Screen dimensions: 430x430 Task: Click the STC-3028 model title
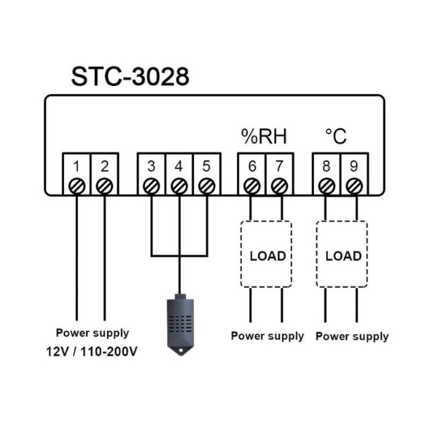pyautogui.click(x=130, y=77)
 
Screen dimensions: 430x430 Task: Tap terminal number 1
pyautogui.click(x=76, y=166)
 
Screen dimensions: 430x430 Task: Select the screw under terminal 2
pyautogui.click(x=104, y=185)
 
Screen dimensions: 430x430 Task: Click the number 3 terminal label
pyautogui.click(x=151, y=166)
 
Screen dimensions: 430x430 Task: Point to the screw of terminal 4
pyautogui.click(x=179, y=185)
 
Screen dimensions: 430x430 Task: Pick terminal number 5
pyautogui.click(x=206, y=166)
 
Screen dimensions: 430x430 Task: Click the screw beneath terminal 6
pyautogui.click(x=251, y=185)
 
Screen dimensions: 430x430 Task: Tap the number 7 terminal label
pyautogui.click(x=279, y=166)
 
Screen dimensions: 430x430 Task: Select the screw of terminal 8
pyautogui.click(x=326, y=185)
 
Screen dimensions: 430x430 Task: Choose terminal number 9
pyautogui.click(x=354, y=166)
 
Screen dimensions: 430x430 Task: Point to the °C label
pyautogui.click(x=336, y=136)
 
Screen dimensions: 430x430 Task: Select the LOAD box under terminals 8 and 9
pyautogui.click(x=343, y=255)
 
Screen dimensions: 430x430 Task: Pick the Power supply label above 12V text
pyautogui.click(x=93, y=333)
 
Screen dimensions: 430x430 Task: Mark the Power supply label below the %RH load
pyautogui.click(x=267, y=336)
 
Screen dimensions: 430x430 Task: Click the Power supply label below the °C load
pyautogui.click(x=352, y=336)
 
